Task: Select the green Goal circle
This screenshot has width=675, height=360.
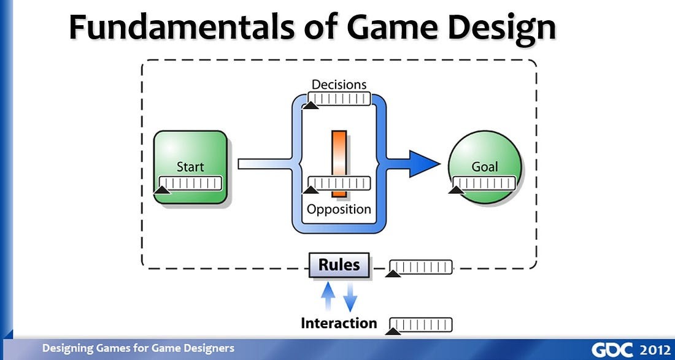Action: coord(485,153)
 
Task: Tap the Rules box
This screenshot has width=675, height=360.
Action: coord(339,266)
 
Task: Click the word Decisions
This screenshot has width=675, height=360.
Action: coord(339,85)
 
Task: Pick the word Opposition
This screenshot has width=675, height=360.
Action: coord(339,209)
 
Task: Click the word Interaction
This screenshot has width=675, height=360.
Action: coord(339,323)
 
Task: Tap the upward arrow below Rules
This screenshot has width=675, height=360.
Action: coord(329,297)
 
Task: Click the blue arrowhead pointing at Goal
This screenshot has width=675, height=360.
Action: coord(423,163)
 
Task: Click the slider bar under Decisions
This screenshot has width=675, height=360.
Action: coord(339,98)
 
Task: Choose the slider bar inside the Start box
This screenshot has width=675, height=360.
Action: coord(190,183)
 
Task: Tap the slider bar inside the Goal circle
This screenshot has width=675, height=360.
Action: coord(485,182)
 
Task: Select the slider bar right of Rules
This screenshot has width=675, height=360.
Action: coord(421,267)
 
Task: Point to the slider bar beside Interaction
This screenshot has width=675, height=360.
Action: coord(421,324)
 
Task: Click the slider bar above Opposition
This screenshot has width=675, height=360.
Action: coord(339,183)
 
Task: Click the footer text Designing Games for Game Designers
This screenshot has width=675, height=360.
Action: coord(138,348)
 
